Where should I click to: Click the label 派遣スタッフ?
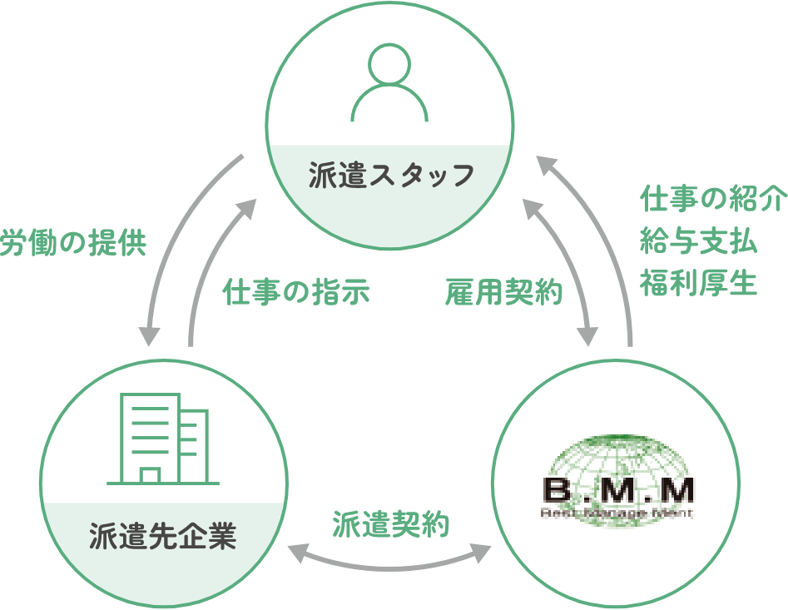click(391, 176)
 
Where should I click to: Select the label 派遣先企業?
click(163, 537)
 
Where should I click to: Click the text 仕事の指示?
click(295, 292)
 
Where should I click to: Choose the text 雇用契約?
click(504, 292)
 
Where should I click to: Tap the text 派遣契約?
click(391, 525)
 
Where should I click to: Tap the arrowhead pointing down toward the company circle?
click(150, 334)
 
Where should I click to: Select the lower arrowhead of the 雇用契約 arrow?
click(587, 334)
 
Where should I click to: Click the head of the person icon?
click(390, 66)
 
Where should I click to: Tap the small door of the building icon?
click(150, 475)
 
